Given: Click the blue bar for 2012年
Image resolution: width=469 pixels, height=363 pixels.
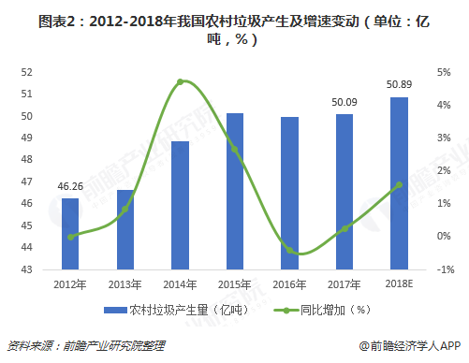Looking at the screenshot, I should (70, 234).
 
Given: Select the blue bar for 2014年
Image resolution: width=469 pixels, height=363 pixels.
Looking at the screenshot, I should (181, 206).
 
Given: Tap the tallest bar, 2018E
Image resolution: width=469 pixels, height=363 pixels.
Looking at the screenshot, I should (399, 183).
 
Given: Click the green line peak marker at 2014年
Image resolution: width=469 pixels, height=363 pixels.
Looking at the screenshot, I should (181, 81).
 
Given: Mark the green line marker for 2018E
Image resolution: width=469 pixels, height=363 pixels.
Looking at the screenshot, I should (399, 184).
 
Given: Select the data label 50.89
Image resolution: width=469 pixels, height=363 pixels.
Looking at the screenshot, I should (399, 86).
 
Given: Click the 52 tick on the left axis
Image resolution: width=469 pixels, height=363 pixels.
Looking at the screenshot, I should (26, 72).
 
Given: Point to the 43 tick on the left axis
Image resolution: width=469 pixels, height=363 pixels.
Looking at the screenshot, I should (26, 269).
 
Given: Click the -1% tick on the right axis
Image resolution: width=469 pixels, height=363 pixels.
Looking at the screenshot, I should (443, 269).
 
